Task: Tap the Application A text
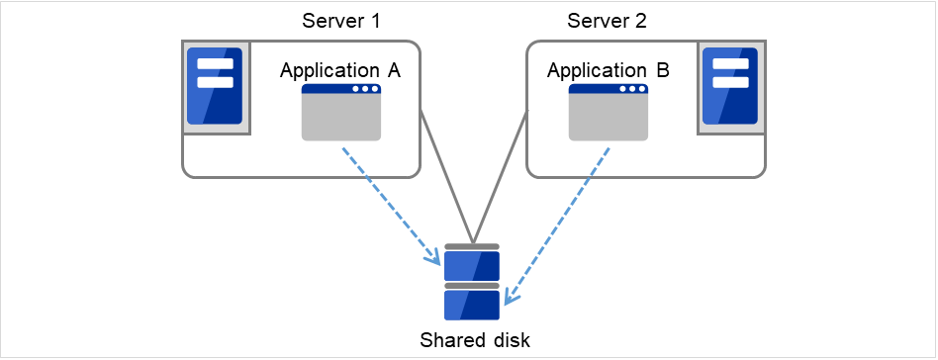point(339,70)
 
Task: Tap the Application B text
point(608,70)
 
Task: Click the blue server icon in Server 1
point(216,86)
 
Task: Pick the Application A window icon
point(341,113)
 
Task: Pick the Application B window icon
point(609,113)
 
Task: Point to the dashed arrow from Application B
point(559,222)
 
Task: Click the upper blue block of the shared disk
point(472,266)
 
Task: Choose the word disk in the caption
point(512,341)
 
